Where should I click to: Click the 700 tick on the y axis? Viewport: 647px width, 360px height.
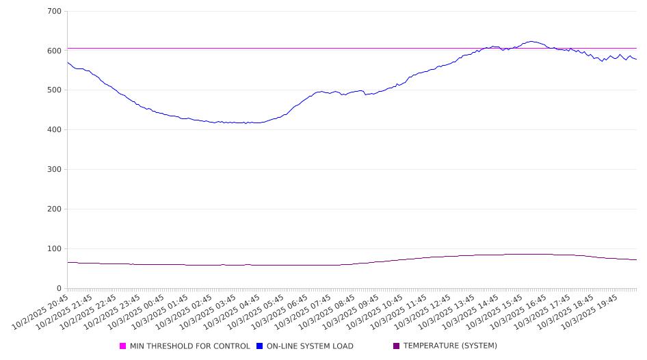coord(55,12)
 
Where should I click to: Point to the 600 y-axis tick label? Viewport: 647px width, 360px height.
coord(55,51)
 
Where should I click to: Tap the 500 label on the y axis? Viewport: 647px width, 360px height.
coord(55,90)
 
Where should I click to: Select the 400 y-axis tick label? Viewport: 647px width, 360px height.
coord(55,130)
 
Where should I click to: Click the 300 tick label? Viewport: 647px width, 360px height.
coord(55,170)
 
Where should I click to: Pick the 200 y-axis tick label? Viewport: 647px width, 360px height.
coord(55,209)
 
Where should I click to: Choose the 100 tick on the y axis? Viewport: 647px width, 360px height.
coord(55,249)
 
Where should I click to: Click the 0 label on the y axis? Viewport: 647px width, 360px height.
coord(60,288)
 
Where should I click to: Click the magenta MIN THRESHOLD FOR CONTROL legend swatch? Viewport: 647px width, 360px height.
coord(123,346)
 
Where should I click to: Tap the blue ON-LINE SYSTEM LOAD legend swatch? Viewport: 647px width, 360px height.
coord(260,346)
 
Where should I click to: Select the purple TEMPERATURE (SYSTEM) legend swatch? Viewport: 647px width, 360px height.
coord(397,346)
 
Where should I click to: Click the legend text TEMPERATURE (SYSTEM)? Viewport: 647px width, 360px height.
coord(450,346)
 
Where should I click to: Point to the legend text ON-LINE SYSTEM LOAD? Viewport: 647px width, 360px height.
coord(310,346)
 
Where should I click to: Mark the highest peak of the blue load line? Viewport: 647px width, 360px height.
coord(531,41)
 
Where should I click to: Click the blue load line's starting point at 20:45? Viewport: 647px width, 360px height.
coord(67,62)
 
